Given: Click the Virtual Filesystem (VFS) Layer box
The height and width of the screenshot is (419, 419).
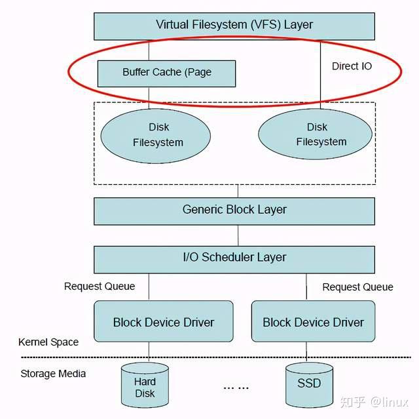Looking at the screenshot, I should [234, 25].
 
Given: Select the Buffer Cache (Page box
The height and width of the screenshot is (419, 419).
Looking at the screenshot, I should [166, 72].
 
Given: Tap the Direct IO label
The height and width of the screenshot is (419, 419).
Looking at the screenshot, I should [352, 66].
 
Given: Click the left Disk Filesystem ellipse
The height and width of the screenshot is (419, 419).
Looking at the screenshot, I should [156, 135].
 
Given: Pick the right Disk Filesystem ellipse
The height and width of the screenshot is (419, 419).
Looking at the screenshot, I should [320, 134].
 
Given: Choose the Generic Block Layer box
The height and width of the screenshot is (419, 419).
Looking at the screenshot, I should [234, 210].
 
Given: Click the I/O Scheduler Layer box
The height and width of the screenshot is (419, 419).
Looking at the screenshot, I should [234, 258].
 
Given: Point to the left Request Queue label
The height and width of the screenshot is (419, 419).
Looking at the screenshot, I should [100, 286].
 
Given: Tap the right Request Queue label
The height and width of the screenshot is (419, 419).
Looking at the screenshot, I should [357, 287].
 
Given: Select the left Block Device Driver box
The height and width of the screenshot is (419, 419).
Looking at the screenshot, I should [164, 321].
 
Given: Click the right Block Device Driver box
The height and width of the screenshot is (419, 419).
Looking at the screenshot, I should [313, 321].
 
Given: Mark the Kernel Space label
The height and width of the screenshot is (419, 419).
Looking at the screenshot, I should [48, 342].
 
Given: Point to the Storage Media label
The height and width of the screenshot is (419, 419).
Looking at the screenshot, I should [53, 374].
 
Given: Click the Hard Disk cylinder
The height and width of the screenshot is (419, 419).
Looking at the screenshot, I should [145, 386].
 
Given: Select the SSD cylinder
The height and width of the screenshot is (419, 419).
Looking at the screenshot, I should [310, 384].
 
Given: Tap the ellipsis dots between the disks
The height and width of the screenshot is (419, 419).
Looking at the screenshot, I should [235, 387].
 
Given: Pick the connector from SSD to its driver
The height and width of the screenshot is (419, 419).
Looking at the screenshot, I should [307, 353].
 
